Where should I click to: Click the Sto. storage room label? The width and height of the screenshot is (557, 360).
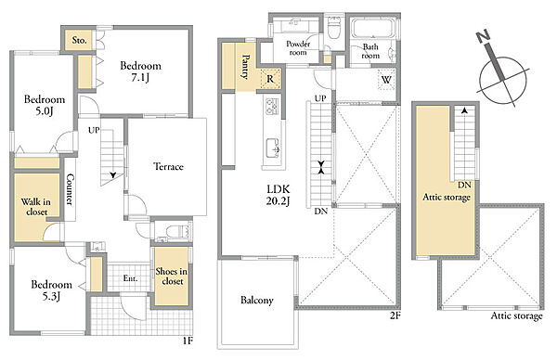pyautogui.click(x=79, y=40)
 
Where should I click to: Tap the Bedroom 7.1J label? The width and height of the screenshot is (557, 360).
pyautogui.click(x=141, y=71)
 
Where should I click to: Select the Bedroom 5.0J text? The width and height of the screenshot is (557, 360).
pyautogui.click(x=45, y=105)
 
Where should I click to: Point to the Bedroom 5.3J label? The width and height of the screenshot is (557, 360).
pyautogui.click(x=51, y=290)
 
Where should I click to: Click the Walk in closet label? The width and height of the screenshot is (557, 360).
pyautogui.click(x=36, y=207)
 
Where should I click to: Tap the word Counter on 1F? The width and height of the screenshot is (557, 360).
pyautogui.click(x=70, y=189)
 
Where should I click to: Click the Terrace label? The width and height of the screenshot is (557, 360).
pyautogui.click(x=168, y=166)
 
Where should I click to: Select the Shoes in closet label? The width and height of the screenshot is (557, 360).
pyautogui.click(x=172, y=276)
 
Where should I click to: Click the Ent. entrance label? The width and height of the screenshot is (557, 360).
pyautogui.click(x=130, y=278)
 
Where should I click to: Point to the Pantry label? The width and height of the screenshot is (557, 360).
pyautogui.click(x=245, y=67)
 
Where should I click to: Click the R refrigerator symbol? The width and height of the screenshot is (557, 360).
pyautogui.click(x=270, y=79)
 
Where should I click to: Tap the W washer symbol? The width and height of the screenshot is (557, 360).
pyautogui.click(x=386, y=80)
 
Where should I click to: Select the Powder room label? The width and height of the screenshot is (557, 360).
pyautogui.click(x=298, y=48)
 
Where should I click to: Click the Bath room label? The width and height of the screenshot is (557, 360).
pyautogui.click(x=370, y=51)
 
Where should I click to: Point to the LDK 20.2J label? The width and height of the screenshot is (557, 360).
pyautogui.click(x=278, y=195)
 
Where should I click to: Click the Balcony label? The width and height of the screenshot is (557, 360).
pyautogui.click(x=257, y=301)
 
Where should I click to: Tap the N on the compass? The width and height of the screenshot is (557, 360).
pyautogui.click(x=483, y=36)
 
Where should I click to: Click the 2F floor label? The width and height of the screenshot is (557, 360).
pyautogui.click(x=395, y=315)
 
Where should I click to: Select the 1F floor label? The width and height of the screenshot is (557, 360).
pyautogui.click(x=188, y=341)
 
